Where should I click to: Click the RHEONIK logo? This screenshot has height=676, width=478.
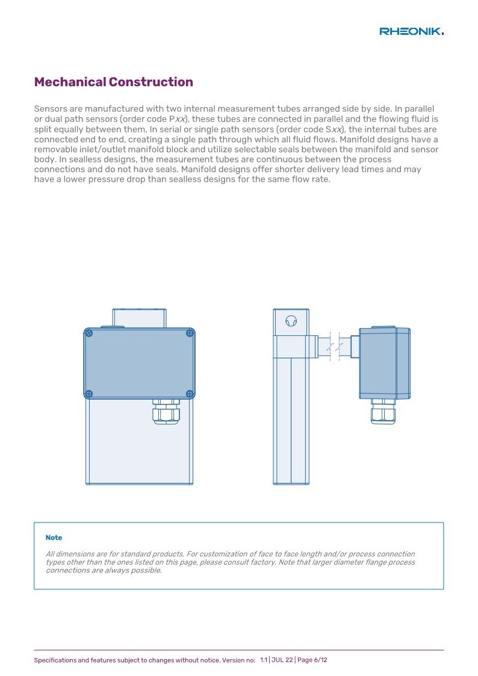pyautogui.click(x=412, y=31)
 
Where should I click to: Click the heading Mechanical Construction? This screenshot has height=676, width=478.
pyautogui.click(x=113, y=82)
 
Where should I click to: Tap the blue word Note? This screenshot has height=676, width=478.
pyautogui.click(x=54, y=538)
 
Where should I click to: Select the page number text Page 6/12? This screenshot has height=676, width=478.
pyautogui.click(x=312, y=660)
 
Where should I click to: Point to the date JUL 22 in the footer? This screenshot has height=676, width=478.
pyautogui.click(x=282, y=660)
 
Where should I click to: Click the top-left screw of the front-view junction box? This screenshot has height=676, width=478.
pyautogui.click(x=89, y=333)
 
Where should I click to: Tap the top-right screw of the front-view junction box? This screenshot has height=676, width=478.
pyautogui.click(x=190, y=333)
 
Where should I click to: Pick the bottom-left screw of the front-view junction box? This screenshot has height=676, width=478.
pyautogui.click(x=89, y=394)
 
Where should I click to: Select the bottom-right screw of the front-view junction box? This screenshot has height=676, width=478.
pyautogui.click(x=190, y=394)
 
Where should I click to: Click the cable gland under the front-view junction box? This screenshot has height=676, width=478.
pyautogui.click(x=166, y=411)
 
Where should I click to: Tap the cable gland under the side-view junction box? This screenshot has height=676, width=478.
pyautogui.click(x=383, y=411)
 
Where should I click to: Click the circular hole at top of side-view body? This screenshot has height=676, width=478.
pyautogui.click(x=291, y=321)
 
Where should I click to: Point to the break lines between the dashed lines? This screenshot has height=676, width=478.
pyautogui.click(x=335, y=346)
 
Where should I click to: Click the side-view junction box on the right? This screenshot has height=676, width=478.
pyautogui.click(x=385, y=363)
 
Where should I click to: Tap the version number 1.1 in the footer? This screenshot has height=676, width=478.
pyautogui.click(x=263, y=660)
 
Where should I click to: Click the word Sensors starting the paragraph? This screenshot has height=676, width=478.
pyautogui.click(x=51, y=108)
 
